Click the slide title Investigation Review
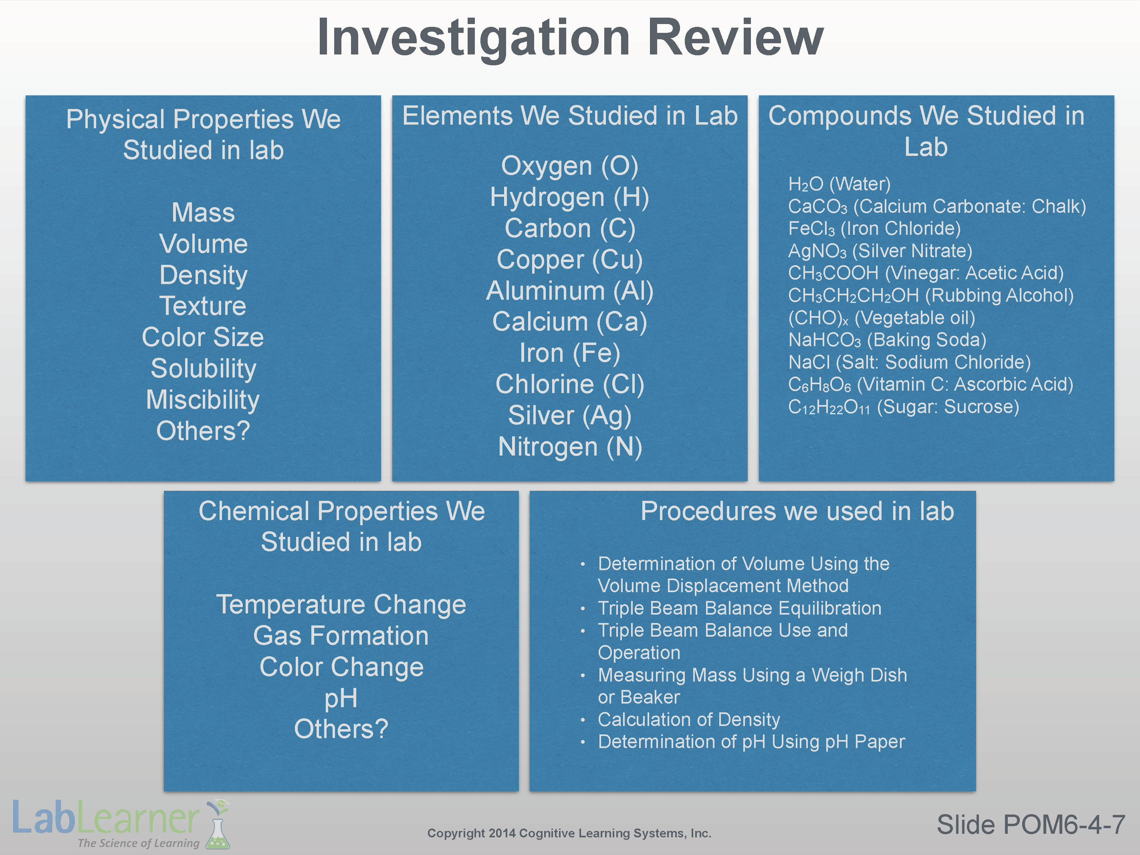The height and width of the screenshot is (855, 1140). (570, 38)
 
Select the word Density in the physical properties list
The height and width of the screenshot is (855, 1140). (203, 275)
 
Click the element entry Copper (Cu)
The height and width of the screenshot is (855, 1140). (569, 260)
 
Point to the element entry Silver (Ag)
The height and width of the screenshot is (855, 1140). (569, 416)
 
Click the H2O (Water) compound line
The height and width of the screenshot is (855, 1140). (839, 184)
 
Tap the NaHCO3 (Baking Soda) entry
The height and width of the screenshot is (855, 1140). (887, 340)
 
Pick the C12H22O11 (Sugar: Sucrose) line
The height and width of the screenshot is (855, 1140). (904, 407)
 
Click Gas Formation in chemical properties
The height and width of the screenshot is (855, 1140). (341, 636)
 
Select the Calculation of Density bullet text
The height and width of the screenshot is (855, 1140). (688, 720)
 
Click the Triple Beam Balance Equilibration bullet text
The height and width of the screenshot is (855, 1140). (740, 608)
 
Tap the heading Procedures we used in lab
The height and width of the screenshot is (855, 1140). (797, 511)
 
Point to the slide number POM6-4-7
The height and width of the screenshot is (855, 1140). (1031, 825)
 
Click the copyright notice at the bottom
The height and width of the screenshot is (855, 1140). (569, 833)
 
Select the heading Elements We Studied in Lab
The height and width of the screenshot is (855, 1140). (570, 115)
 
